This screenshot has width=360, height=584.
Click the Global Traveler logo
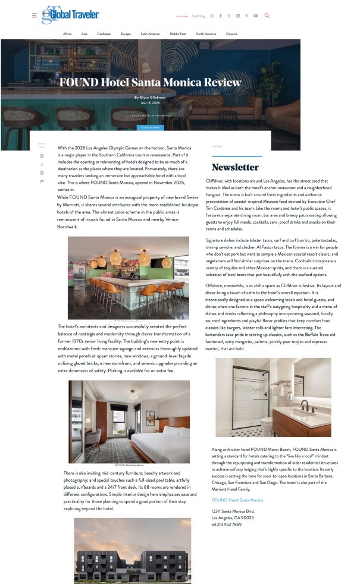point(70,14)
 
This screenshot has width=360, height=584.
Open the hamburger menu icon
point(35,15)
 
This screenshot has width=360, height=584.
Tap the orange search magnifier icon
point(267,15)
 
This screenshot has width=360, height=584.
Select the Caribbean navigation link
point(104,34)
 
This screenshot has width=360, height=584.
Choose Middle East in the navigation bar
point(177,34)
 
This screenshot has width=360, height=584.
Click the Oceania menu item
point(231,34)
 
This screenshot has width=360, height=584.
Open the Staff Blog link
point(198,16)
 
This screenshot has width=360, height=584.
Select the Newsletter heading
point(235,167)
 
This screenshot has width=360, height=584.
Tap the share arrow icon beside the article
point(42,181)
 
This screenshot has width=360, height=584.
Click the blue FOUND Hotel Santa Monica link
point(237,500)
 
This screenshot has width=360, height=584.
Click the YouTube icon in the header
point(255,15)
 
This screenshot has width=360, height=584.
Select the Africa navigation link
point(67,34)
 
